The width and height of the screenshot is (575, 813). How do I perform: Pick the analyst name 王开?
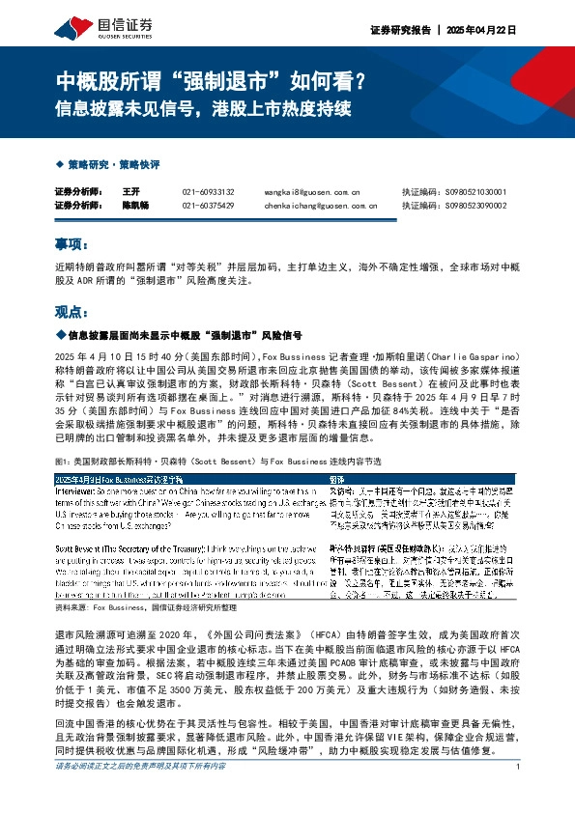(x=132, y=192)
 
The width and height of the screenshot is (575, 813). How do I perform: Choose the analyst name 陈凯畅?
(x=136, y=205)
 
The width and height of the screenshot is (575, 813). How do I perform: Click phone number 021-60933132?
(x=208, y=192)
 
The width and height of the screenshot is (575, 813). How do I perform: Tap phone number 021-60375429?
(x=208, y=205)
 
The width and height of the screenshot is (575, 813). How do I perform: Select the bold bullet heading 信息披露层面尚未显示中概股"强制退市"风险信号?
(x=184, y=336)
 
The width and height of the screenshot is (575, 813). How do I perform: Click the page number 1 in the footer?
(x=519, y=795)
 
